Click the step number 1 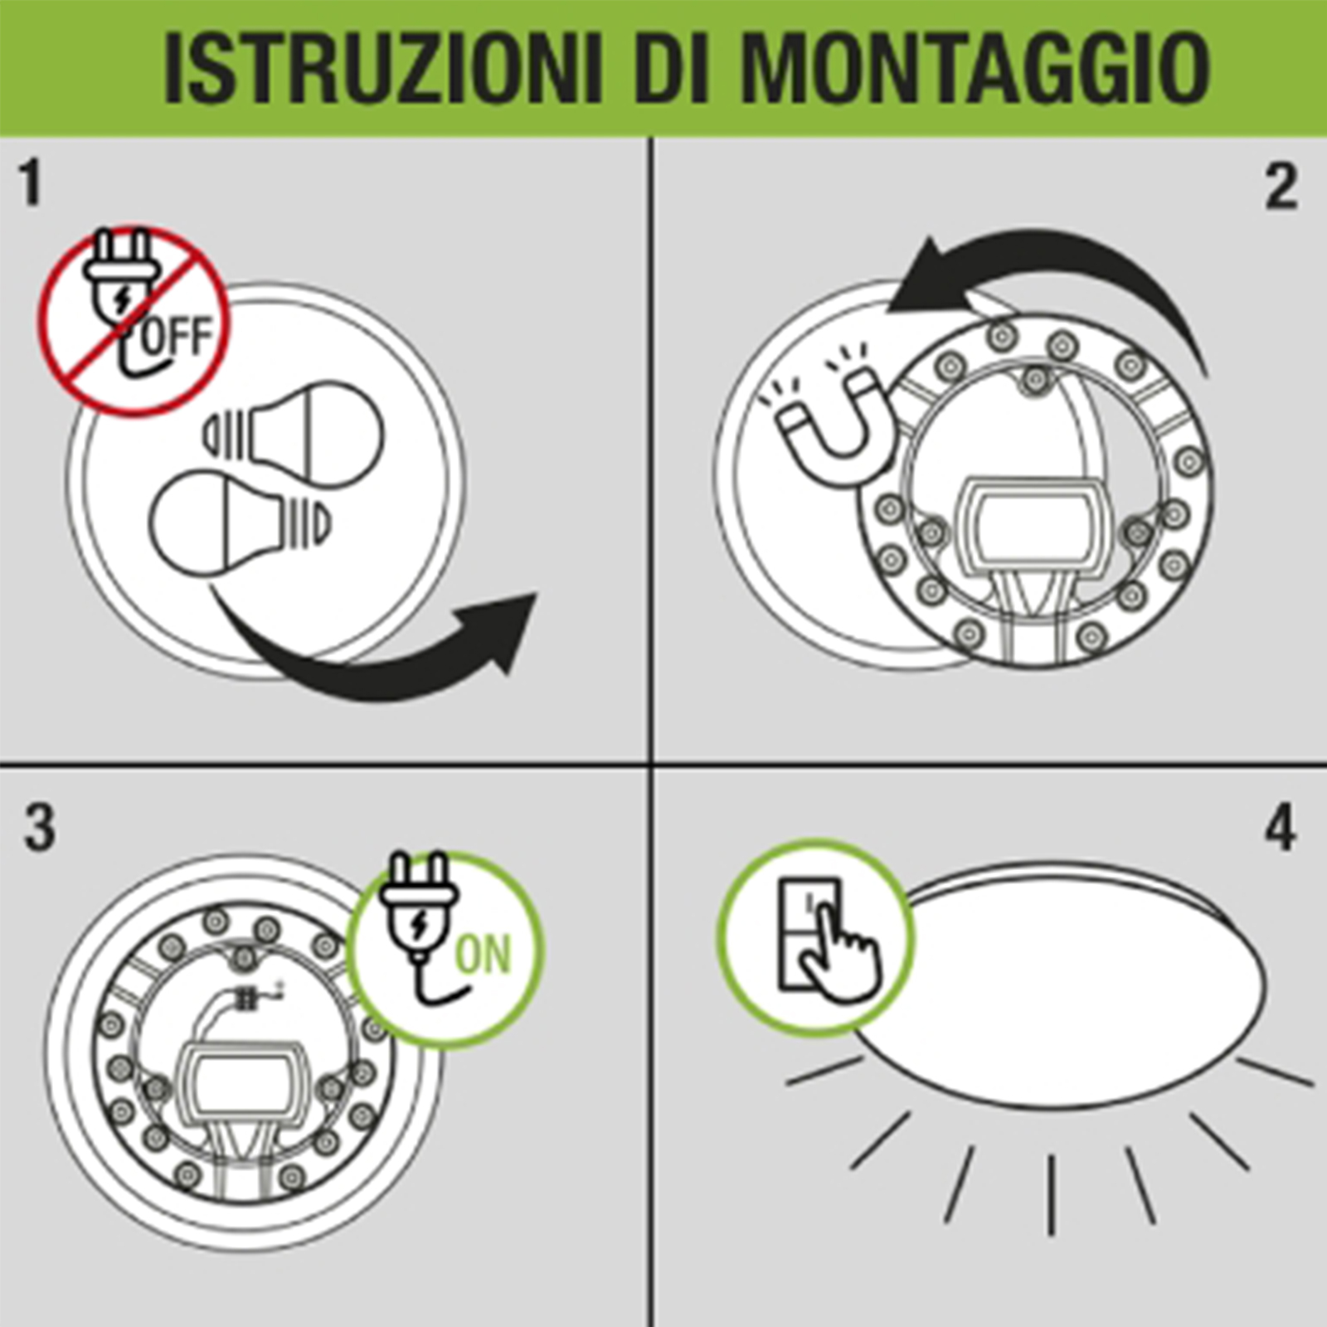tap(31, 183)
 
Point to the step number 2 tap(1281, 187)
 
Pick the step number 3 tap(39, 829)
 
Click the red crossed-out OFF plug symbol tap(134, 321)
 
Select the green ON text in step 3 tap(484, 955)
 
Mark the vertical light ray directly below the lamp tap(1052, 1195)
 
